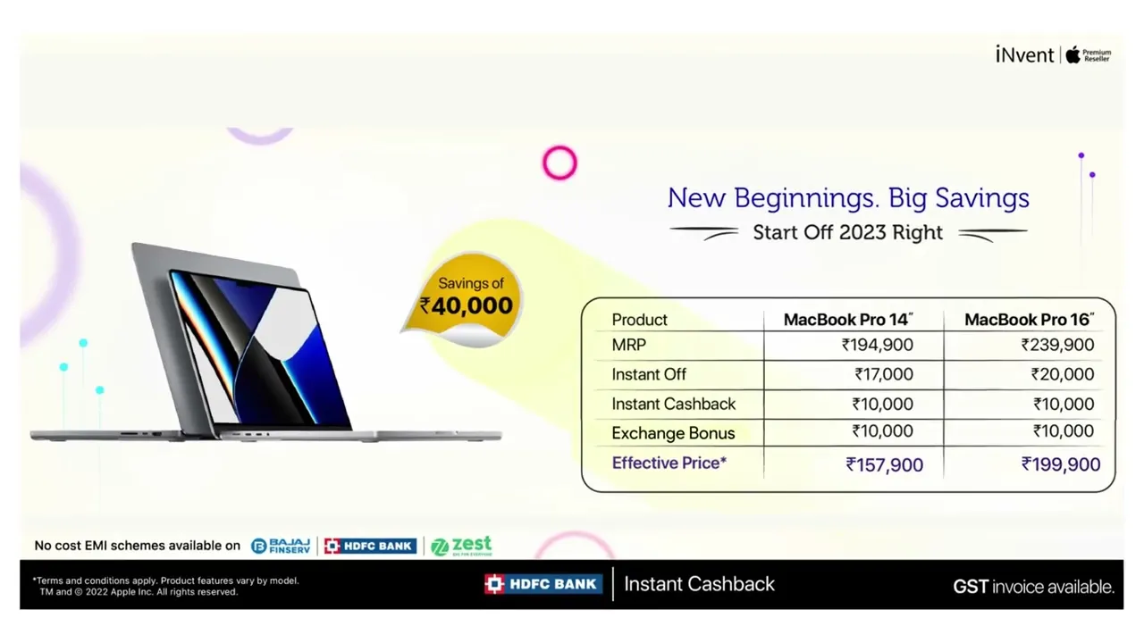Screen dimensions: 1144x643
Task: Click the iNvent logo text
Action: pos(1024,54)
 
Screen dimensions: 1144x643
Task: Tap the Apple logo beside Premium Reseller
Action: pos(1073,54)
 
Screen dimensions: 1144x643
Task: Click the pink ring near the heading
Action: pos(559,163)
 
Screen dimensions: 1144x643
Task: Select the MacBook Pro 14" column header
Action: pos(848,320)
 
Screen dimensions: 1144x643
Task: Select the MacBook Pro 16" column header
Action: pos(1029,320)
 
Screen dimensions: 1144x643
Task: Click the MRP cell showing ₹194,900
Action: pos(878,345)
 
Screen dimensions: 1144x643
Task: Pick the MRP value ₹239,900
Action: pos(1057,345)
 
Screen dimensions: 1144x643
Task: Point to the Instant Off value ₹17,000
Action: pos(884,374)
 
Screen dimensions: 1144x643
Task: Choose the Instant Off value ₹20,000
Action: pos(1063,374)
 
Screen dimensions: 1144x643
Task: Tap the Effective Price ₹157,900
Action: pos(885,465)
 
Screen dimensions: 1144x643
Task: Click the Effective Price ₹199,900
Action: pos(1061,464)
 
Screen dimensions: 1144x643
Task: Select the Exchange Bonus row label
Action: pos(673,433)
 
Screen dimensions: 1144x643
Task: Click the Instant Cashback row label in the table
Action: pos(674,405)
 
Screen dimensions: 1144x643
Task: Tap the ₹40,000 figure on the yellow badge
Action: pos(466,305)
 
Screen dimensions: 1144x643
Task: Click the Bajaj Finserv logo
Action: pos(281,546)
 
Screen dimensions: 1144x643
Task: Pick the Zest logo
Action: pos(461,546)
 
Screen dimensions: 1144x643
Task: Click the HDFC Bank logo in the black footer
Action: pos(543,584)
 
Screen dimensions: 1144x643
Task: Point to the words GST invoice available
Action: pos(1034,587)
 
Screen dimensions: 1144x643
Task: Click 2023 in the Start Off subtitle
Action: pos(862,233)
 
